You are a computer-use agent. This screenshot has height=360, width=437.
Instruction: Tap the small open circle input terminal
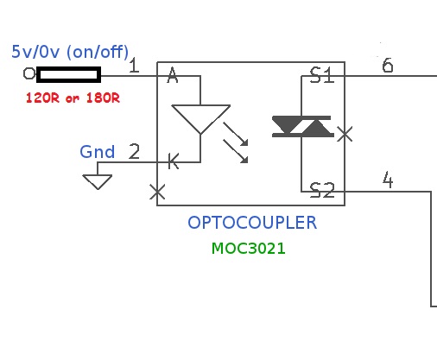coord(29,73)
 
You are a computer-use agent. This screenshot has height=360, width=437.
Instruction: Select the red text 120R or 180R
coord(73,98)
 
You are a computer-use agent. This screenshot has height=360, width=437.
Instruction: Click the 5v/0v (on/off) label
coord(70,52)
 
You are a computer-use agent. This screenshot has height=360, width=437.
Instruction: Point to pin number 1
coord(134,65)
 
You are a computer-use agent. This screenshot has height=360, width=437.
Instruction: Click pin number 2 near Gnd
coord(134,151)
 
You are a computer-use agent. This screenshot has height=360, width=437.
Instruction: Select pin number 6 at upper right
coord(388,65)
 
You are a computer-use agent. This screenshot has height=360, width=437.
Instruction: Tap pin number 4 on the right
coord(388,180)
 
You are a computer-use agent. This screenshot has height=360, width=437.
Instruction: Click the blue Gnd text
coord(98,152)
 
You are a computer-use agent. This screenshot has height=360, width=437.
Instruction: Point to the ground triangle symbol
coord(98,182)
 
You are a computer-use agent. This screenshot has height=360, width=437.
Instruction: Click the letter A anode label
coord(173,75)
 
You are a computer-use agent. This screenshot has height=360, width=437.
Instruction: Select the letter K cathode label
coord(174,161)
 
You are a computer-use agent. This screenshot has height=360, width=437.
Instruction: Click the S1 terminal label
coord(322,75)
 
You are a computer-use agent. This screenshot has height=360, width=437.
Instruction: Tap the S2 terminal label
coord(322,190)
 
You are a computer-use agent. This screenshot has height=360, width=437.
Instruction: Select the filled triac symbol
coord(303,126)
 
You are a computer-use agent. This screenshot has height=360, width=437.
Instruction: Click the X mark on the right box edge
coord(345,134)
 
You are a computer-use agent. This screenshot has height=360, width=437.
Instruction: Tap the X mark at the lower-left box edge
coord(157,192)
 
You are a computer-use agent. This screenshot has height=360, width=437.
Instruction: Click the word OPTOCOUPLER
coord(252,223)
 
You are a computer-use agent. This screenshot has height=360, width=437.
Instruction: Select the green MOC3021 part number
coord(249,249)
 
